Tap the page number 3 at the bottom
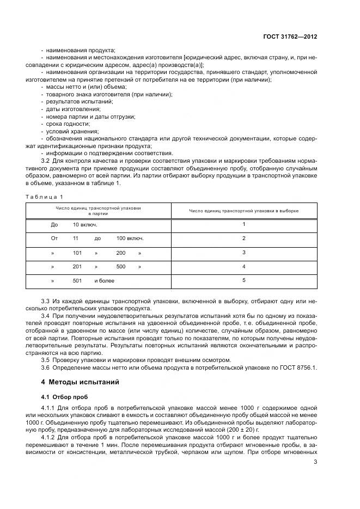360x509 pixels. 315,463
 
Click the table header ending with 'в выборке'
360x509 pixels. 244,210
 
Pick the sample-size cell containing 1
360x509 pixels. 244,224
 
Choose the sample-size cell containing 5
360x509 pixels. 244,280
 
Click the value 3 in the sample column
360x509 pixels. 244,252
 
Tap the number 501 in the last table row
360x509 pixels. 77,280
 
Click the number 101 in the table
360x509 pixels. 77,253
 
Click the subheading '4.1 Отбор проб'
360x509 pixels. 64,397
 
